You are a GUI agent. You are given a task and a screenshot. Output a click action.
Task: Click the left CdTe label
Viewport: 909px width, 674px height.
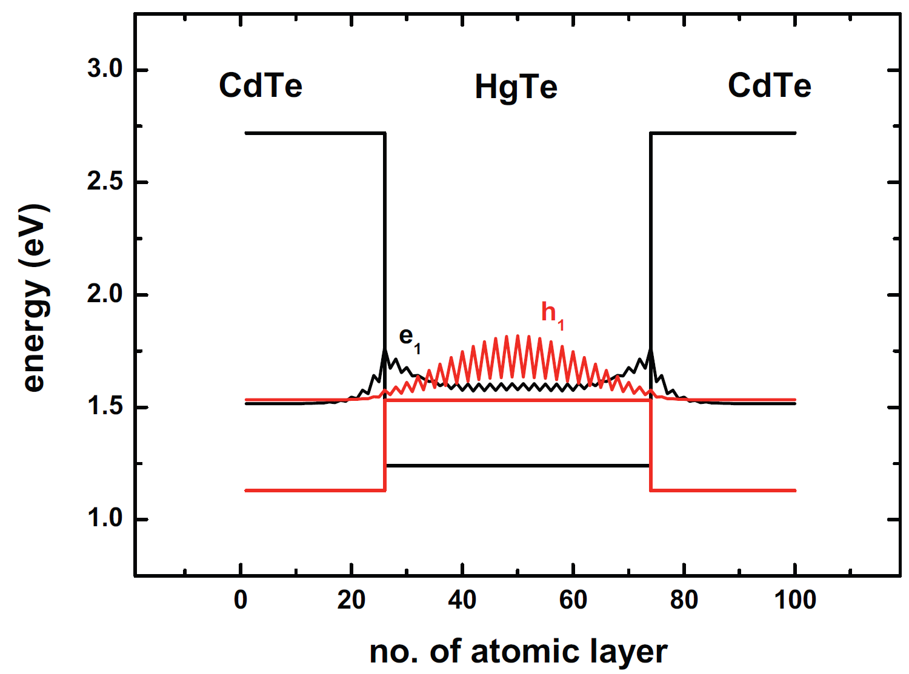pyautogui.click(x=261, y=85)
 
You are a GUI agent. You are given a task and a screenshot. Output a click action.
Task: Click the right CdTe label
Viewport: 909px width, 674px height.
pyautogui.click(x=769, y=85)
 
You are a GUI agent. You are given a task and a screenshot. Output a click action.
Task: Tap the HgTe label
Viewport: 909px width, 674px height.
pyautogui.click(x=516, y=87)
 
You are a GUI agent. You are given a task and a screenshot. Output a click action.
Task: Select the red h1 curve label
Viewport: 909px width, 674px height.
pyautogui.click(x=552, y=315)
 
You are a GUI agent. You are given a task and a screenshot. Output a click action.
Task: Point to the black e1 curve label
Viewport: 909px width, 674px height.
pyautogui.click(x=409, y=339)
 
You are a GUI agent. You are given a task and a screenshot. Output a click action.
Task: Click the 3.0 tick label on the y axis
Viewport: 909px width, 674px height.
pyautogui.click(x=105, y=69)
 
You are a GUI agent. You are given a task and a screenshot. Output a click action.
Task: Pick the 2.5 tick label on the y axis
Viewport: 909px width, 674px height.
pyautogui.click(x=105, y=182)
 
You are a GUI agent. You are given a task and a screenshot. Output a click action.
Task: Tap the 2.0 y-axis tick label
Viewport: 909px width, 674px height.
pyautogui.click(x=105, y=294)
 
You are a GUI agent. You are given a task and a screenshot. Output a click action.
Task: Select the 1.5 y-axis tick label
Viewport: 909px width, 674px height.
pyautogui.click(x=105, y=407)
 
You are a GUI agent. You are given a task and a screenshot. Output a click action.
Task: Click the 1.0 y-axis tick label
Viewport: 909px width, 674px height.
pyautogui.click(x=105, y=519)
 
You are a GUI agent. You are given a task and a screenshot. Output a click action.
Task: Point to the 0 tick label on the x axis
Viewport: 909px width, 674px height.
pyautogui.click(x=241, y=600)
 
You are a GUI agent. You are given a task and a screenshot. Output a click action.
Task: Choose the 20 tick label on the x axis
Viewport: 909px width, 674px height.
pyautogui.click(x=351, y=600)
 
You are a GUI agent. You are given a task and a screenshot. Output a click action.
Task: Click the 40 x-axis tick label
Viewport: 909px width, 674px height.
pyautogui.click(x=462, y=600)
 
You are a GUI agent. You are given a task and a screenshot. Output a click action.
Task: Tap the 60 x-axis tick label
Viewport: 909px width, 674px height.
pyautogui.click(x=573, y=600)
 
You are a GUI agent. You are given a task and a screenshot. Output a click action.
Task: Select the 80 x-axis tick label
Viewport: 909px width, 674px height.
pyautogui.click(x=684, y=600)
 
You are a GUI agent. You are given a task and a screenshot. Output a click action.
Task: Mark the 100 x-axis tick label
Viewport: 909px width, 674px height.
pyautogui.click(x=794, y=600)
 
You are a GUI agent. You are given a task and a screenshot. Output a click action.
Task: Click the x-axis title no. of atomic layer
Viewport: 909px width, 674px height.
pyautogui.click(x=518, y=652)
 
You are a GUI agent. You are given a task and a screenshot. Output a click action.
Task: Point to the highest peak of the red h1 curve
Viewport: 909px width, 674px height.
pyautogui.click(x=518, y=335)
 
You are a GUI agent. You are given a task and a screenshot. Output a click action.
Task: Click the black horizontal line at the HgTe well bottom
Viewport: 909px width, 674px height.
pyautogui.click(x=518, y=465)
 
